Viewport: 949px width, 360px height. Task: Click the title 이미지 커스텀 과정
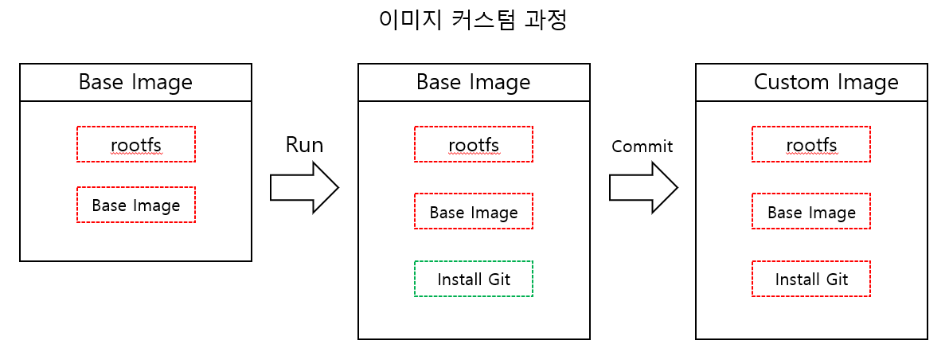tap(473, 20)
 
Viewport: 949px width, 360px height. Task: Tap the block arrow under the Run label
tap(304, 187)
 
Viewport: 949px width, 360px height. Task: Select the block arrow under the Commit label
tap(643, 187)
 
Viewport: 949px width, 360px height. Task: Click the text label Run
tap(304, 144)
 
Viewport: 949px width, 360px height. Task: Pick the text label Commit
tap(642, 147)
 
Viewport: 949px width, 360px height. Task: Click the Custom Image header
tap(811, 82)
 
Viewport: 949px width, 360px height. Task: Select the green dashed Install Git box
tap(473, 279)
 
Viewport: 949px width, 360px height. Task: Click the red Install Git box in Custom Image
tap(810, 279)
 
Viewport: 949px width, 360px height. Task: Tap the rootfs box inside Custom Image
tap(810, 144)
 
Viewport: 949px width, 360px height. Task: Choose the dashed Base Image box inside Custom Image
tap(810, 212)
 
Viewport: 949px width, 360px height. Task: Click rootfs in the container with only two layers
tap(135, 144)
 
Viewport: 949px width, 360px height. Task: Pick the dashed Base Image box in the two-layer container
tap(135, 205)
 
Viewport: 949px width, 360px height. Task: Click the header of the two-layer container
tap(135, 82)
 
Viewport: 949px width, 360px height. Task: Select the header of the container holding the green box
tap(474, 82)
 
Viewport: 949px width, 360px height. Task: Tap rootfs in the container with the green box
tap(473, 144)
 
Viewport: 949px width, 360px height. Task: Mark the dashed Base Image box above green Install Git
tap(473, 212)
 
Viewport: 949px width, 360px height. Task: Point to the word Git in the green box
tap(498, 280)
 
